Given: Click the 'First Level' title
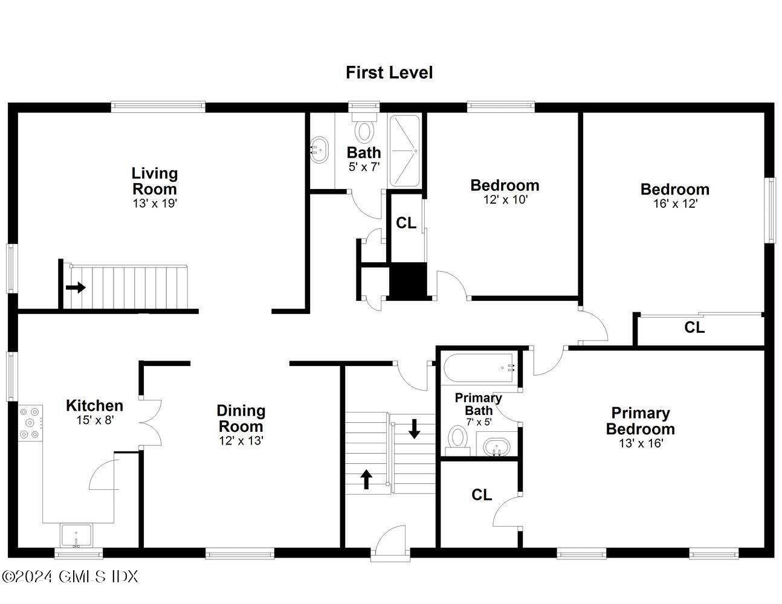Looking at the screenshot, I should (x=389, y=72).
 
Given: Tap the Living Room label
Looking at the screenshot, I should (x=155, y=181).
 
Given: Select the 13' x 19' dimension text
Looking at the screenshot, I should (x=155, y=204).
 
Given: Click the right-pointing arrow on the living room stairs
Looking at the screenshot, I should (x=76, y=288).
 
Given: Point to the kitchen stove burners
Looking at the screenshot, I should (x=30, y=423).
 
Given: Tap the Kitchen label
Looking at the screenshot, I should (x=94, y=405).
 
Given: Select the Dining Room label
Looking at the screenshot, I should (x=241, y=418).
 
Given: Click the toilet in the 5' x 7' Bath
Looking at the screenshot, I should (x=364, y=130).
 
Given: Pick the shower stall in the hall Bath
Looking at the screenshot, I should (x=404, y=150).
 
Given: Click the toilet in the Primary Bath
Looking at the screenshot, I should (x=457, y=440).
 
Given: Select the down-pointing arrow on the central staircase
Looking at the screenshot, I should (x=415, y=428).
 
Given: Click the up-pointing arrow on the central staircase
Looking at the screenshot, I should (x=366, y=479).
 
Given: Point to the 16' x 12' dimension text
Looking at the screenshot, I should (x=675, y=204).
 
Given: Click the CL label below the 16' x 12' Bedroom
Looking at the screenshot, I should (x=694, y=327).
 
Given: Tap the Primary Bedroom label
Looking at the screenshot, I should (x=640, y=421).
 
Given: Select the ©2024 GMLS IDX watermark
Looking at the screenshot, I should (x=70, y=576).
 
